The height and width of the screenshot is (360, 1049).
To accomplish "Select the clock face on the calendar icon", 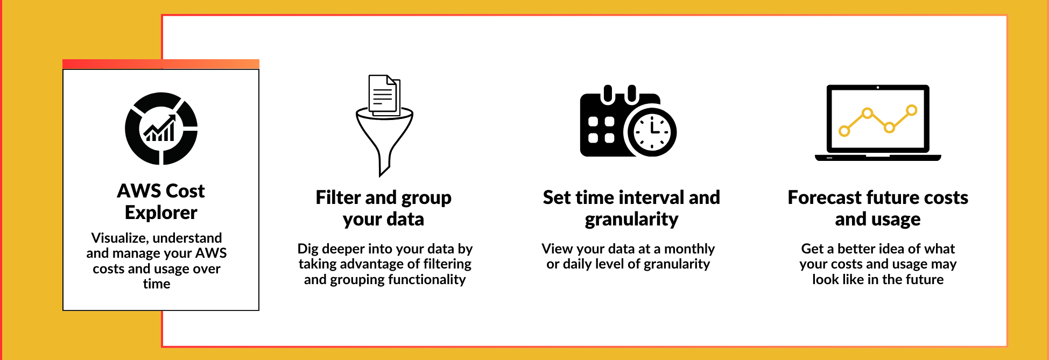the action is [652, 131].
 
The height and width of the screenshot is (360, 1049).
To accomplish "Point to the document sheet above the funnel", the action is [384, 95].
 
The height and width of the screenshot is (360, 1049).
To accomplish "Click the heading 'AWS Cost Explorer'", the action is [161, 202].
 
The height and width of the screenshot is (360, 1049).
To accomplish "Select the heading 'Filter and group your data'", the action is [384, 208].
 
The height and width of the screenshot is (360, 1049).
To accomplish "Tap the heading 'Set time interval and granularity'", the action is [631, 208].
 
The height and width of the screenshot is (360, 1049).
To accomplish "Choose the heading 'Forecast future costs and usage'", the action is [878, 208].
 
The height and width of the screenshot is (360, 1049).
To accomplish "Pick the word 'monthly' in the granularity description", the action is [689, 249].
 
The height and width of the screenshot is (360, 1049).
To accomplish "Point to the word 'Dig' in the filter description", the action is [308, 249].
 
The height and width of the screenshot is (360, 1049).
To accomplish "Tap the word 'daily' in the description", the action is [575, 264].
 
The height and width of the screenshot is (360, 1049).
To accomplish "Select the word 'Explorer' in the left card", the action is [161, 213].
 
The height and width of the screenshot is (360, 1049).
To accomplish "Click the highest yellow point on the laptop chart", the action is [911, 110].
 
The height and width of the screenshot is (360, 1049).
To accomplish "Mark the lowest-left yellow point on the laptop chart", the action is [844, 131].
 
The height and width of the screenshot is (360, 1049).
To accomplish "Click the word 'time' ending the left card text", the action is [157, 284].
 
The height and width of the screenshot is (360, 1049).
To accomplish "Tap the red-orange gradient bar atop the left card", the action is [161, 64].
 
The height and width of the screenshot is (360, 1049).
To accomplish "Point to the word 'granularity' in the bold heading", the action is [632, 220].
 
